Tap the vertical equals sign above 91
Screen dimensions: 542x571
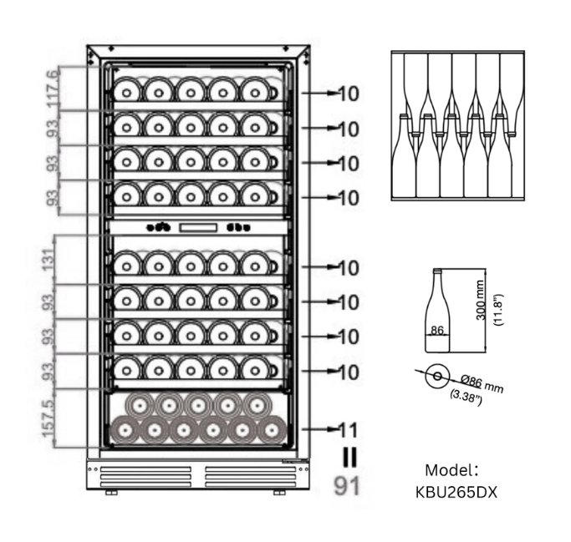(x=347, y=456)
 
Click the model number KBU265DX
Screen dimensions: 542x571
(x=456, y=492)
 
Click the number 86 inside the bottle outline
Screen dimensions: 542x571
(x=436, y=331)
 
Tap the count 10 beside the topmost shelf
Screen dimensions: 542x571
(x=348, y=94)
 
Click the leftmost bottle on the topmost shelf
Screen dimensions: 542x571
(x=127, y=89)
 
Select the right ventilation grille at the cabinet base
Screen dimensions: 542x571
(x=242, y=476)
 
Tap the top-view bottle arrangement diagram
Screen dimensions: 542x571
(x=459, y=125)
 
